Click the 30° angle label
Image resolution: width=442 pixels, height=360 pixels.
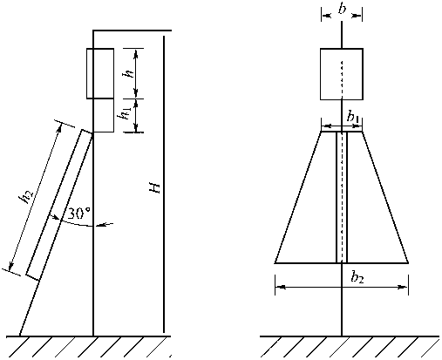78,214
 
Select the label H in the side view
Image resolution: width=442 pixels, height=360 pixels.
154,188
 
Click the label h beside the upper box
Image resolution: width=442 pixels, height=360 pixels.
128,71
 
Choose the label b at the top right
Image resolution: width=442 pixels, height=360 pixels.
342,9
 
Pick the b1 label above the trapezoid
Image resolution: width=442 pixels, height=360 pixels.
352,118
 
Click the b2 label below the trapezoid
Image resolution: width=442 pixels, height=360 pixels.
357,278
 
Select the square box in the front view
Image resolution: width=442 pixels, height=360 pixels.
342,74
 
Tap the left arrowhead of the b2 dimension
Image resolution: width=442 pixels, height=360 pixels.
280,287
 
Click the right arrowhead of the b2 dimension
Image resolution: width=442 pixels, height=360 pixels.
403,287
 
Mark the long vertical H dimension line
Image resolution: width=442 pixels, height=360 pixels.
164,184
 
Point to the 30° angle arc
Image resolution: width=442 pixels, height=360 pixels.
76,223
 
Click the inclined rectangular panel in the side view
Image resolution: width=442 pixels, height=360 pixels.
59,205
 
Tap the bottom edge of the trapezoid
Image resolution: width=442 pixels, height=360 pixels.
342,263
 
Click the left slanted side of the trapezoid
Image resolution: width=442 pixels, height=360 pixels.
298,197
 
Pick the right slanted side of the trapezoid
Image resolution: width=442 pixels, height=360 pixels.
385,197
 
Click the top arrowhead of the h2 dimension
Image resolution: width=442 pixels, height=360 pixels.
59,128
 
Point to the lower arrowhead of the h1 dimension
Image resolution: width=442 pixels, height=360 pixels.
136,128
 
